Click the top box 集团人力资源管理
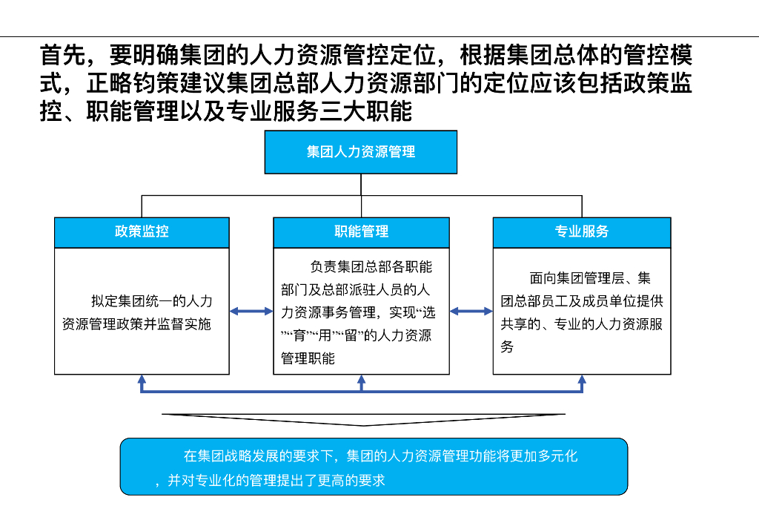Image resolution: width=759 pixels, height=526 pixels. pyautogui.click(x=361, y=152)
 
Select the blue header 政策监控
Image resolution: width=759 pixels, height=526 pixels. pyautogui.click(x=142, y=231)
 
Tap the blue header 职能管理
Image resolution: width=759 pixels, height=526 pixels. pyautogui.click(x=361, y=231)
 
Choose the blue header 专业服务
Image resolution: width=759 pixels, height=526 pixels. pyautogui.click(x=582, y=231)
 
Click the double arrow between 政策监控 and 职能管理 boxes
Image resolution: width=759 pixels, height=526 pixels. pyautogui.click(x=251, y=312)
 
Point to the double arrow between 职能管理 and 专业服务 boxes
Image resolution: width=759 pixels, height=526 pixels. pyautogui.click(x=471, y=312)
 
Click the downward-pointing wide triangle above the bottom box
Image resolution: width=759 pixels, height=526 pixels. pyautogui.click(x=363, y=420)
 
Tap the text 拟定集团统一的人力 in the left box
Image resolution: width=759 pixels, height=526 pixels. pyautogui.click(x=152, y=301)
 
